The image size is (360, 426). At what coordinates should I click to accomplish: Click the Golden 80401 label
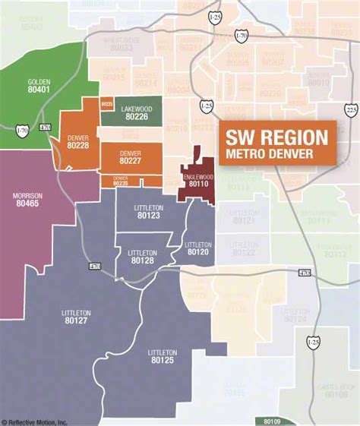tap(38, 85)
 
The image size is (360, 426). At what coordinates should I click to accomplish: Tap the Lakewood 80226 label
tap(136, 113)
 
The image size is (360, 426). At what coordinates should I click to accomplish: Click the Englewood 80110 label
tap(197, 178)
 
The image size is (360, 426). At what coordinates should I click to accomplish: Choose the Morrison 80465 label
tap(28, 200)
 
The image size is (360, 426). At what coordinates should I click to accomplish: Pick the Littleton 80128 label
tap(142, 256)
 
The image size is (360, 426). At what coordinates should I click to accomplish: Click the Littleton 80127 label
tap(75, 317)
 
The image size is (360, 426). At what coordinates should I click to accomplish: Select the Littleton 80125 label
tap(163, 356)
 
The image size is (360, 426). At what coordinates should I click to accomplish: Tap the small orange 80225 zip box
tap(107, 103)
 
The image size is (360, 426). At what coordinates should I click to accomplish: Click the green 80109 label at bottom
tap(273, 420)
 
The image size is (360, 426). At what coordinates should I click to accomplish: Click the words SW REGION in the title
tap(277, 137)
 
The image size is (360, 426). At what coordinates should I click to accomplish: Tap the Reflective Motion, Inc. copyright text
tap(34, 421)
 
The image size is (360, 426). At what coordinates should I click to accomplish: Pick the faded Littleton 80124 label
tap(295, 315)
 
